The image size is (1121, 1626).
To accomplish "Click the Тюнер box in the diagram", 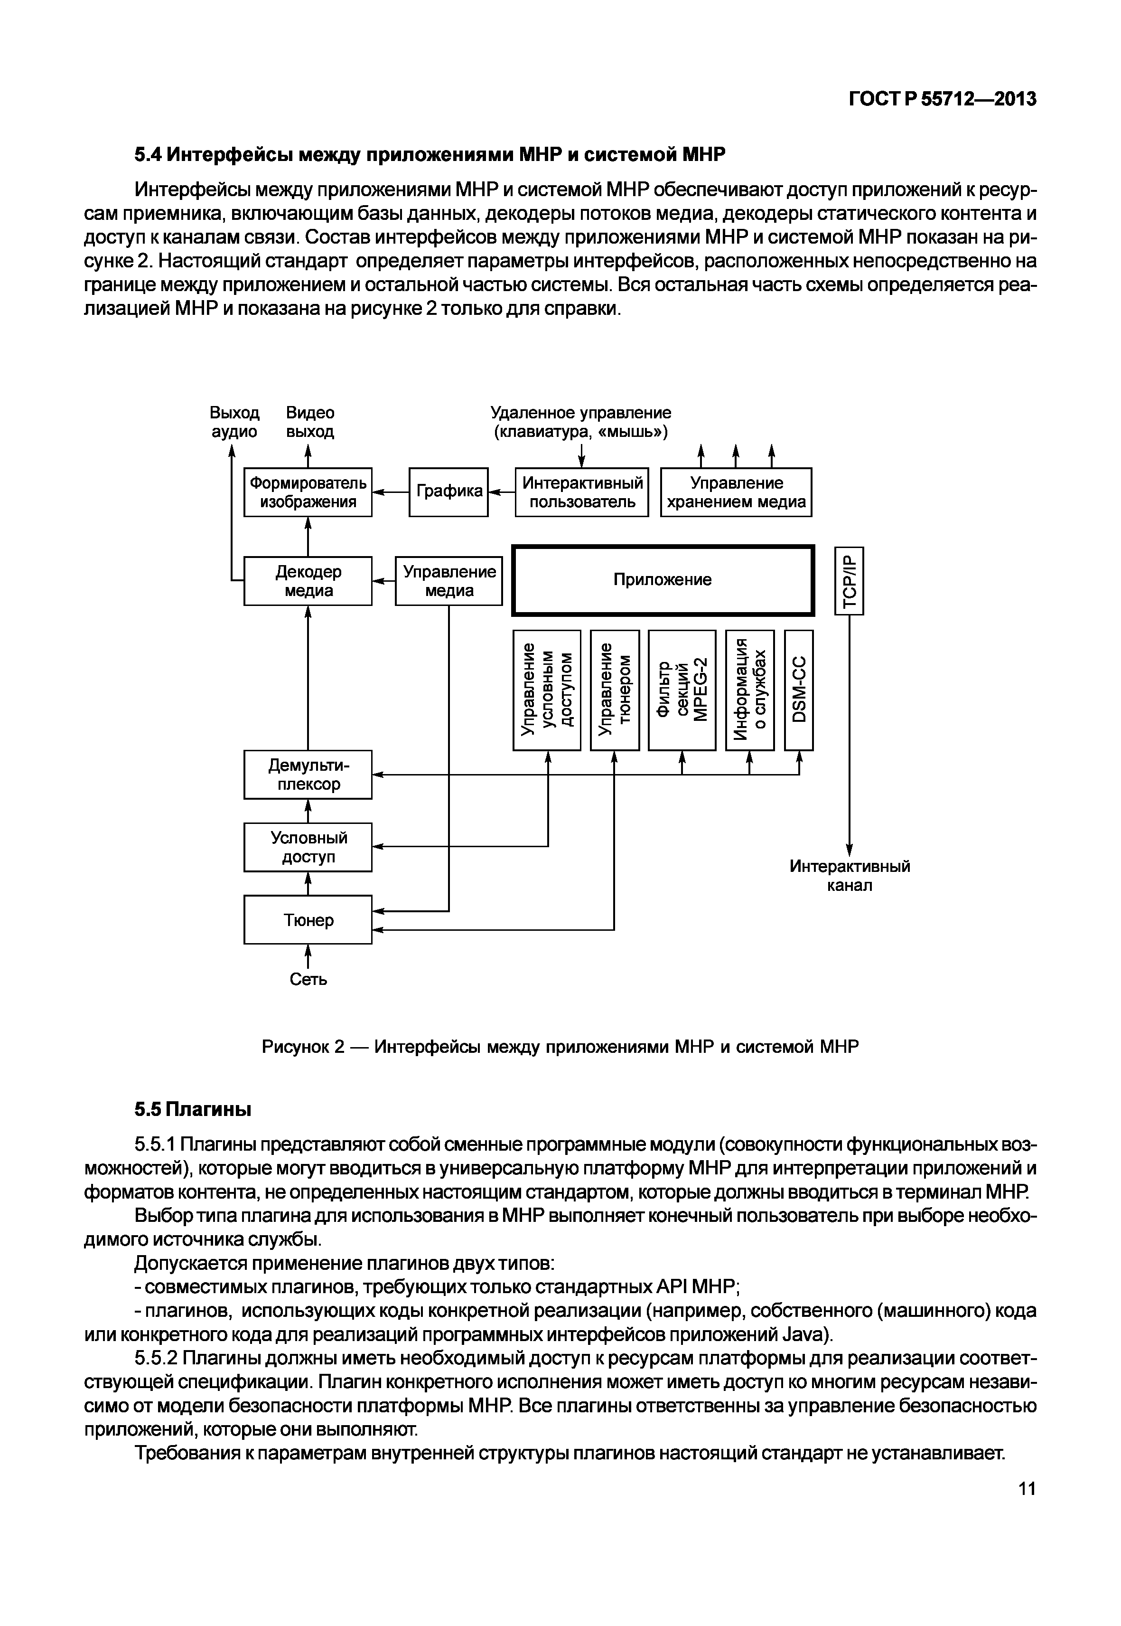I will pyautogui.click(x=308, y=920).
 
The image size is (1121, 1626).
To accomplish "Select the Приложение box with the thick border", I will pyautogui.click(x=663, y=580).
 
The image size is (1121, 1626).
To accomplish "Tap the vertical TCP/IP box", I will pyautogui.click(x=849, y=580).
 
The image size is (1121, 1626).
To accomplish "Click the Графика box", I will pyautogui.click(x=448, y=492).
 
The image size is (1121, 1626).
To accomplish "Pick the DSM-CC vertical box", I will pyautogui.click(x=799, y=690).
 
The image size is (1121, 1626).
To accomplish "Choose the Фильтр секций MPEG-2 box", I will pyautogui.click(x=682, y=690).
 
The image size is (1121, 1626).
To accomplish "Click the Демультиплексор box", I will pyautogui.click(x=308, y=775).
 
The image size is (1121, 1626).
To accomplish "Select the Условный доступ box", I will pyautogui.click(x=308, y=847).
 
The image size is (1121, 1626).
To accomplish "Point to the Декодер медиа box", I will pyautogui.click(x=308, y=580).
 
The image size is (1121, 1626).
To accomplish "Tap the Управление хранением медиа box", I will pyautogui.click(x=736, y=492).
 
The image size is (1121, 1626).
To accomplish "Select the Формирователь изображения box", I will pyautogui.click(x=308, y=492).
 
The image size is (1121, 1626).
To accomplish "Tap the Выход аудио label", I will pyautogui.click(x=234, y=422).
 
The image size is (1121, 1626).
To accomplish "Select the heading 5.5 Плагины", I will pyautogui.click(x=193, y=1109).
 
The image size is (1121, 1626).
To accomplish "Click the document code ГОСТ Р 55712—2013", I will pyautogui.click(x=942, y=99).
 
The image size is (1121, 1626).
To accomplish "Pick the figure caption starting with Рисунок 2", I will pyautogui.click(x=560, y=1047).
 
